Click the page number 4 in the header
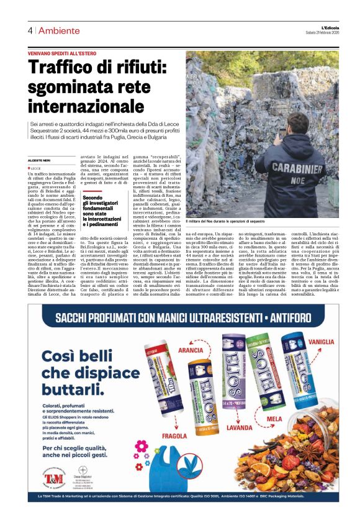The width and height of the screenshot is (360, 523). [29, 30]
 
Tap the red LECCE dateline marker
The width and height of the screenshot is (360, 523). [36, 168]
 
